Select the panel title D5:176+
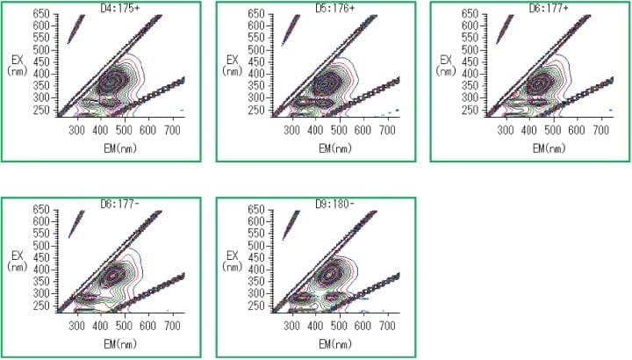point(331,7)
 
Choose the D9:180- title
point(331,203)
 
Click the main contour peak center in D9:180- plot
point(330,274)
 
